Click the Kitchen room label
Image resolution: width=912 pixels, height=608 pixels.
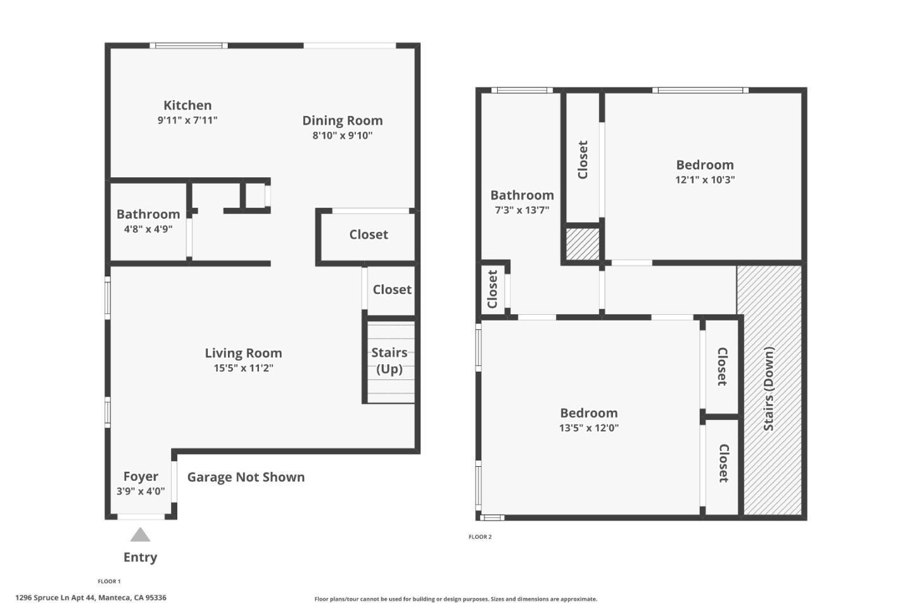tap(187, 106)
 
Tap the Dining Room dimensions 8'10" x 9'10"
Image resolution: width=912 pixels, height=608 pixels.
tap(342, 136)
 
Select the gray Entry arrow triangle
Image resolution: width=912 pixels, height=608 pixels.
tap(140, 535)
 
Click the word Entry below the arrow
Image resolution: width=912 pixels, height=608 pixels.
tap(140, 557)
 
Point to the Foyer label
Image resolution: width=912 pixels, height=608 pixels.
tap(141, 477)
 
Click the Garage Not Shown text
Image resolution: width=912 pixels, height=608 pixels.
tap(246, 478)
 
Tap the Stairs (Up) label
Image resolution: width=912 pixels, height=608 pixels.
tap(389, 360)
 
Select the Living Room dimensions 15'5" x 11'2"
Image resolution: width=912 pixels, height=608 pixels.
tap(243, 368)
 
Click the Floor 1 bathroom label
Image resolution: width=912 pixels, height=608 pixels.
tap(148, 215)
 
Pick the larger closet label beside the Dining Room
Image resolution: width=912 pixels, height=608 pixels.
tap(369, 234)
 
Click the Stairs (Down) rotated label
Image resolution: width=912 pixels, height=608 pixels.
tap(769, 389)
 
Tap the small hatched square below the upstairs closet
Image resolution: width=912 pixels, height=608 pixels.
tap(582, 244)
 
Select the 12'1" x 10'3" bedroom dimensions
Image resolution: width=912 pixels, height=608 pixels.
tap(705, 180)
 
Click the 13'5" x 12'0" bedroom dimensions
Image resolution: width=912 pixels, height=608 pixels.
tap(588, 428)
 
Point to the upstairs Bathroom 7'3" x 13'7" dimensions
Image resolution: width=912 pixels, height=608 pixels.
tap(522, 210)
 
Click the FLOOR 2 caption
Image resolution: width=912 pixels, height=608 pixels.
tap(480, 537)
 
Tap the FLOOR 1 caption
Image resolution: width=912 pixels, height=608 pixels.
tap(109, 581)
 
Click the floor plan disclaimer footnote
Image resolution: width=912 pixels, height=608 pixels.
tap(455, 599)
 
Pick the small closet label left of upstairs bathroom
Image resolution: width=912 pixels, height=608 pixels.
tap(493, 289)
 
